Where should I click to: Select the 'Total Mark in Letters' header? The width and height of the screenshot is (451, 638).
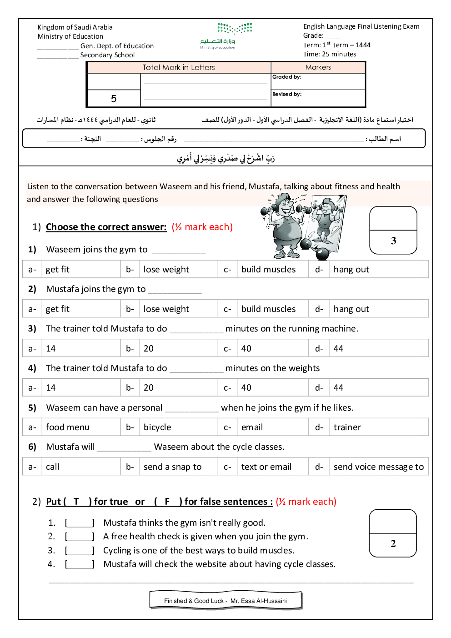point(179,67)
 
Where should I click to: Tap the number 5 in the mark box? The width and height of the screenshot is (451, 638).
point(114,98)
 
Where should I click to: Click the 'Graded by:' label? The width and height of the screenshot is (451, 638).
point(287,77)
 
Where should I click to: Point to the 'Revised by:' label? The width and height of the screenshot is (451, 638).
point(287,94)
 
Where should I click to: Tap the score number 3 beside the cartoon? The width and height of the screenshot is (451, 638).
point(393,241)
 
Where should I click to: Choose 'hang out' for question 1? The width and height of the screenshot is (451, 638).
point(351,269)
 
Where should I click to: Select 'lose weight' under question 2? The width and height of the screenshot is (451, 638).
point(166,309)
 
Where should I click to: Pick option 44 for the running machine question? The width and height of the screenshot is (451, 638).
point(338,348)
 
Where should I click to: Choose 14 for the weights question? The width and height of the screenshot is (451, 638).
point(51,387)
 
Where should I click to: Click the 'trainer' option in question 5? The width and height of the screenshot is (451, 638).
point(347,427)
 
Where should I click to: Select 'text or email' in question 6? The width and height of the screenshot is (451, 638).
point(266,467)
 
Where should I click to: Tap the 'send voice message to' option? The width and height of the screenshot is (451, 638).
point(378,467)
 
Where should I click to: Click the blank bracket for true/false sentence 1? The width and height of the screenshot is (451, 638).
point(80,523)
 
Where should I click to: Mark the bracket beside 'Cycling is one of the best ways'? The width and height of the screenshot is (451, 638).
point(80,551)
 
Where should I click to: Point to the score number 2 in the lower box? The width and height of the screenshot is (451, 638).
point(393,543)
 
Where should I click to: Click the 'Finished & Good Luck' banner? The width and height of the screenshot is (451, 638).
point(225,601)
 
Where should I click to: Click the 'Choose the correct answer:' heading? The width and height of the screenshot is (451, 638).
point(106,227)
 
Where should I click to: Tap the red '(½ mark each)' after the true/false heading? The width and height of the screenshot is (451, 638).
point(306,502)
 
